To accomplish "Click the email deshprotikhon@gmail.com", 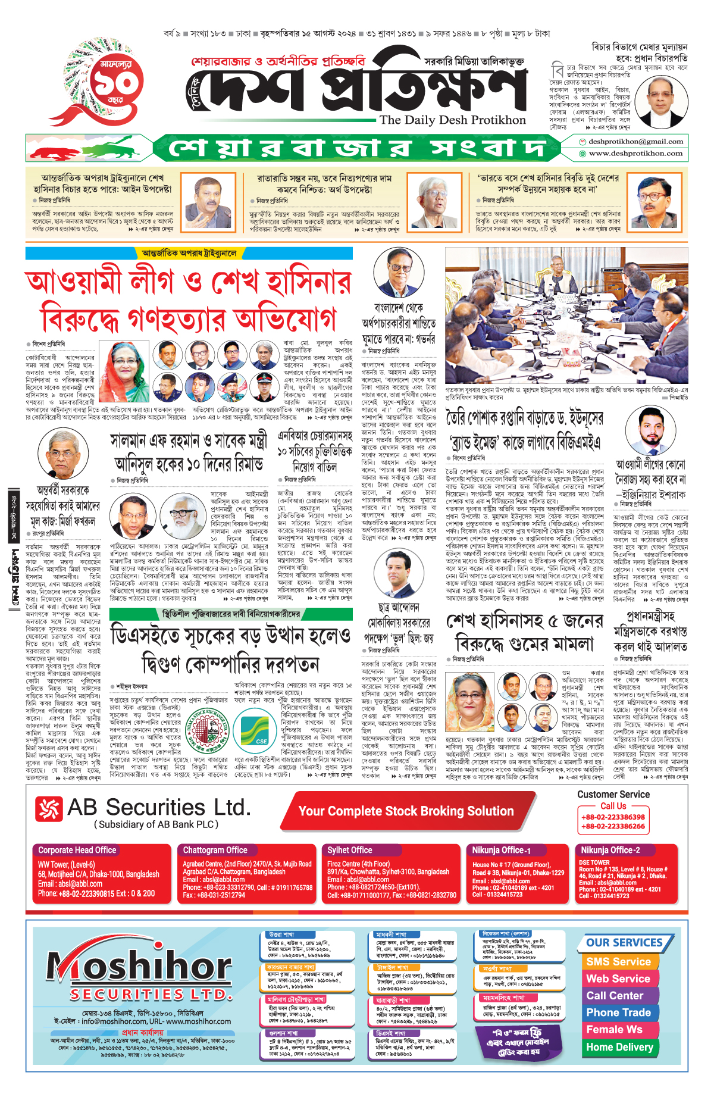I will (x=635, y=142).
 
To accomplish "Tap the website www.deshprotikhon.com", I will (x=635, y=154).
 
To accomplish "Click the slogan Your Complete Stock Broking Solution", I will (x=406, y=811).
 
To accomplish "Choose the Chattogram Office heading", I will (x=215, y=850).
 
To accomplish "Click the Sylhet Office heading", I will (x=349, y=850).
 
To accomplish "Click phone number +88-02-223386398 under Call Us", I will (x=613, y=817).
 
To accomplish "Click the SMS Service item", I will (x=618, y=962).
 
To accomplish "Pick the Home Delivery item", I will (x=619, y=1047).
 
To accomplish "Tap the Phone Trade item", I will (x=618, y=1012).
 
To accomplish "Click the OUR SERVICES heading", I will (x=624, y=943).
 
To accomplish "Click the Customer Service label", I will (x=613, y=795).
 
